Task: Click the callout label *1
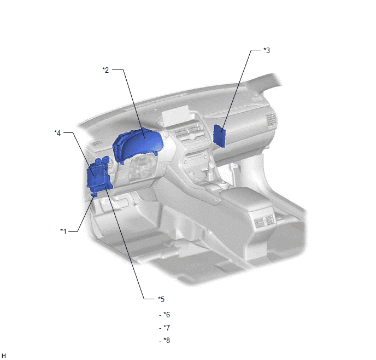(x=63, y=231)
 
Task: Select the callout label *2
(x=105, y=70)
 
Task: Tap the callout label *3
(x=267, y=50)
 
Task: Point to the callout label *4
(x=57, y=133)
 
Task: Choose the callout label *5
(x=161, y=299)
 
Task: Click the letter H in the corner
(x=4, y=356)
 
